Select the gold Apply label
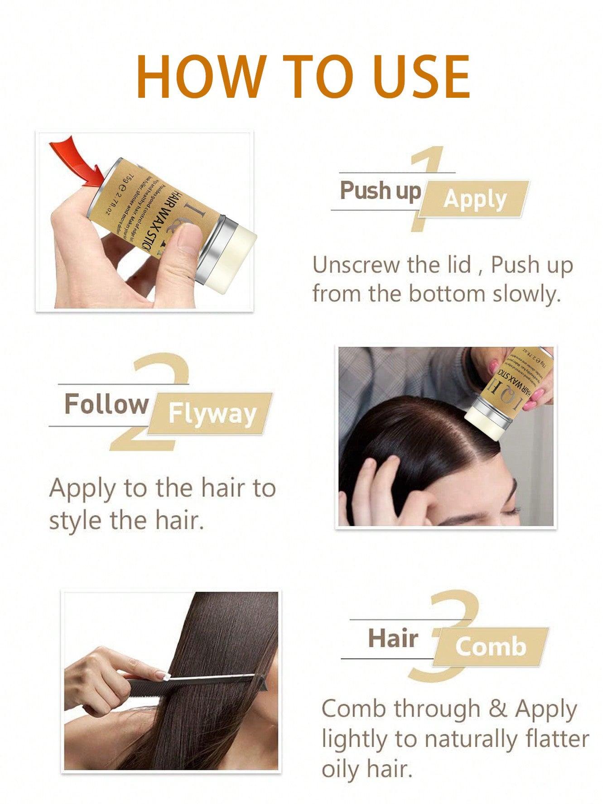(475, 199)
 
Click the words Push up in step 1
(381, 191)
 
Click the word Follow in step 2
(107, 404)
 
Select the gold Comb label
(491, 646)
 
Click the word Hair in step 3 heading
(393, 638)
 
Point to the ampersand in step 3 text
(497, 708)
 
